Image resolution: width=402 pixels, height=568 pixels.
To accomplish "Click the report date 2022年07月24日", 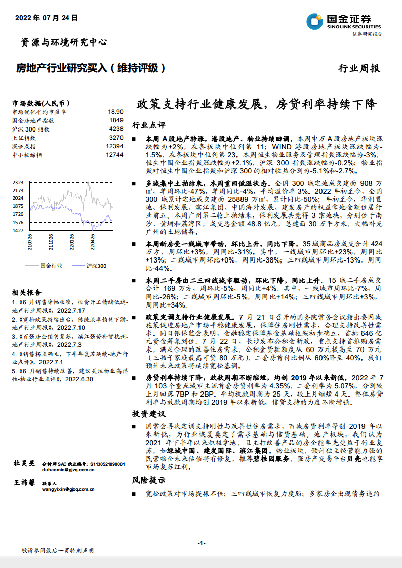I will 47,18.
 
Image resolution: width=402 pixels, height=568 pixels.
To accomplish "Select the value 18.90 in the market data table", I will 115,112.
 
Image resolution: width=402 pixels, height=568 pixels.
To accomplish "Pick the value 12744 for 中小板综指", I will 114,155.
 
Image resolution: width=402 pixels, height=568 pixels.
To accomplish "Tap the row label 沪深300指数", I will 30,129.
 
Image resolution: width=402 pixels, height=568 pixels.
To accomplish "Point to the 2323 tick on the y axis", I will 18,182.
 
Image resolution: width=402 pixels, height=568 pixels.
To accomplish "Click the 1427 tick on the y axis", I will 18,230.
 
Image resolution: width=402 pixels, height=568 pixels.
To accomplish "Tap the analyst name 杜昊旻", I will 24,463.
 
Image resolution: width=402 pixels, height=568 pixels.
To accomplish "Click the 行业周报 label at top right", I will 358,69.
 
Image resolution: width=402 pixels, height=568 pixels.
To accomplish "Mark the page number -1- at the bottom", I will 201,543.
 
